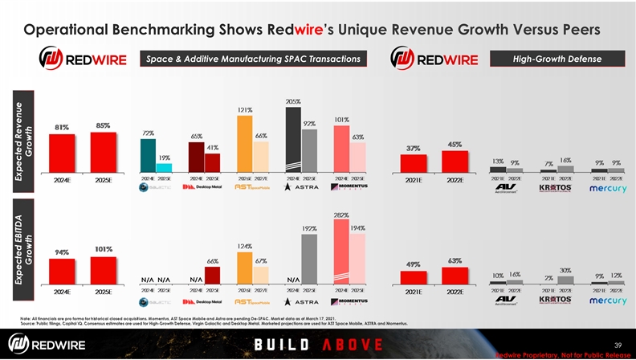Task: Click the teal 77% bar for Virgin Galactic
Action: [x=148, y=156]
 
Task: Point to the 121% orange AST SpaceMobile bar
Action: [x=244, y=144]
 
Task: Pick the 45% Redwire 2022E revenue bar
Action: [x=455, y=161]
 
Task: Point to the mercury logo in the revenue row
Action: [x=608, y=188]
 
